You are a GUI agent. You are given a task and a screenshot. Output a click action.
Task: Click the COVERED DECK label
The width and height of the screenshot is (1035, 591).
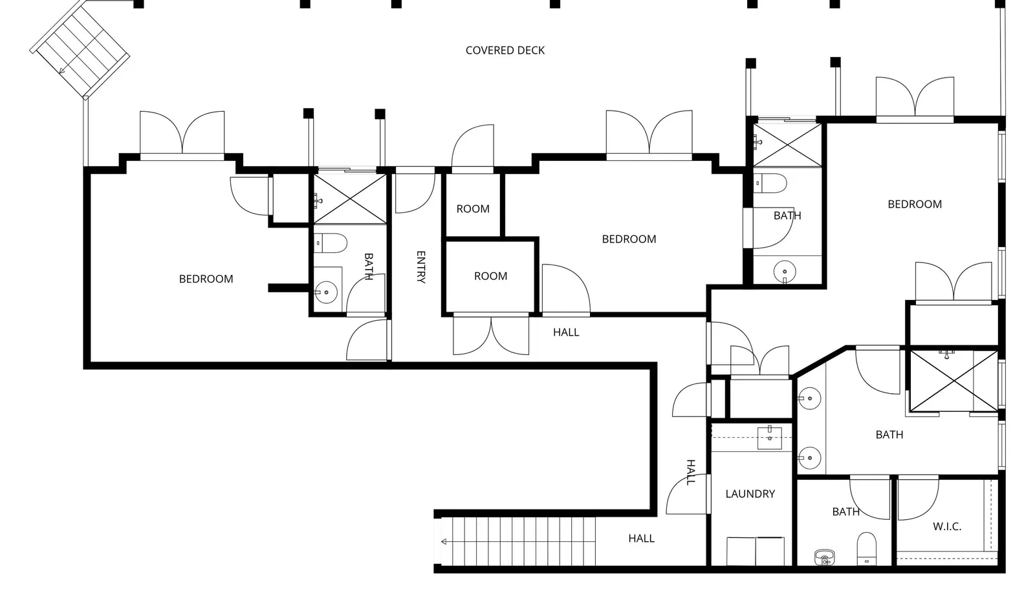coord(505,50)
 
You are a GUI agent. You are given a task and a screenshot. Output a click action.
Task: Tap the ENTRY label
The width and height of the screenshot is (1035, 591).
coord(421,267)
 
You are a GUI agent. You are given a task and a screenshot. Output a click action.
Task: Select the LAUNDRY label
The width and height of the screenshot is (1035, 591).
coord(750,494)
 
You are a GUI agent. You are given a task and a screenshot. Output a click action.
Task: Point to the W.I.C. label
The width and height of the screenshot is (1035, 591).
coord(947,526)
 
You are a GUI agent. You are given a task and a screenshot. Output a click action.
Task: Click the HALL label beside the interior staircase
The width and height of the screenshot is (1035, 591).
coord(641,539)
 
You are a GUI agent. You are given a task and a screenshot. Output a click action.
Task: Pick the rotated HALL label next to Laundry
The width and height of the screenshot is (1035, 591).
coord(691,472)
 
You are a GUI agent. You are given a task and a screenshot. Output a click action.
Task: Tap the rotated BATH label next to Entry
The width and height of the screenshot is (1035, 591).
coord(369,266)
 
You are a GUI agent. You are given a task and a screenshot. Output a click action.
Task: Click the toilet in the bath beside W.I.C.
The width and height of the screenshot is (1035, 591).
coord(866,548)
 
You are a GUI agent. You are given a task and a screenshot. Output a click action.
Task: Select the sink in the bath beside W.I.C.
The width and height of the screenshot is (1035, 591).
coord(825,557)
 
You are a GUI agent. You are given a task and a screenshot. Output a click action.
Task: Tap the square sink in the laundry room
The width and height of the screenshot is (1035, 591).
coord(769,437)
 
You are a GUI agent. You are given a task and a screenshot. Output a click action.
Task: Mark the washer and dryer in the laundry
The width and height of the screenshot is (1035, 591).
coord(756,551)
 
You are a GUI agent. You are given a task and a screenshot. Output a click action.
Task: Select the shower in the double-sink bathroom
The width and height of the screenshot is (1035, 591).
coord(953,381)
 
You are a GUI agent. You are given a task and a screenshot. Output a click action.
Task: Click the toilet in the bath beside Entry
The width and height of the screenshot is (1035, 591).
coord(331,243)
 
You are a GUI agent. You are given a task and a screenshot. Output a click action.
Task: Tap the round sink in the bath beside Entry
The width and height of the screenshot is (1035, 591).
coord(326,292)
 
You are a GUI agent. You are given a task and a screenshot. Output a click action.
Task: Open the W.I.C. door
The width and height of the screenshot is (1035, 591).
coord(918,499)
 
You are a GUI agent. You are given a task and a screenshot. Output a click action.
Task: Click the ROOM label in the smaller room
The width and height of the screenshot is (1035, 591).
coord(473,209)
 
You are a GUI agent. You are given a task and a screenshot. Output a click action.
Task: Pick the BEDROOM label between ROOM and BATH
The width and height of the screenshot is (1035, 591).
coord(629,239)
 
